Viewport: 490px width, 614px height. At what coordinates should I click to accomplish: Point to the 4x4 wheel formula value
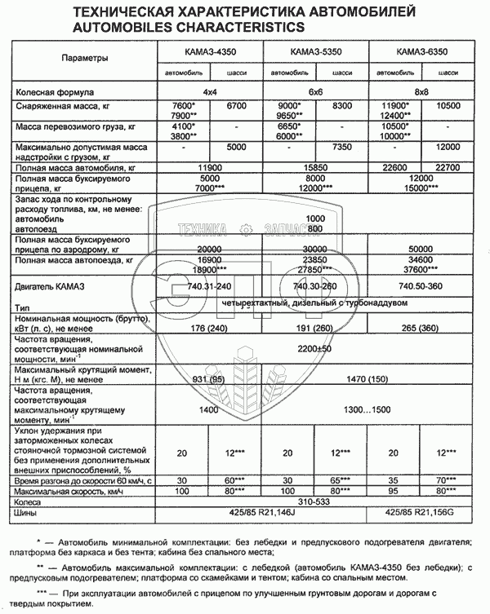pos(211,92)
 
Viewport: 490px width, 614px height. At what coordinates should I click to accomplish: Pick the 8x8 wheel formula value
pos(421,92)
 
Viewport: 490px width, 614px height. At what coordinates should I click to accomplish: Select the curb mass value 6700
pos(237,107)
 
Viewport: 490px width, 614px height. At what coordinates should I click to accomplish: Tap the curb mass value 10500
pos(448,107)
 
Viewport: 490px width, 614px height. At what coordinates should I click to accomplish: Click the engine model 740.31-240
pos(211,287)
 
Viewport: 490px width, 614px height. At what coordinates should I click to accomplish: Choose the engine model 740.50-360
pos(421,287)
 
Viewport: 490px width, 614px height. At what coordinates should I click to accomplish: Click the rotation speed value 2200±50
pos(315,348)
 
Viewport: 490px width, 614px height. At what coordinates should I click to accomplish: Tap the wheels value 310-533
pos(315,503)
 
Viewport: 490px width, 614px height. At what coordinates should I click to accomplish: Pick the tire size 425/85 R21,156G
pos(421,514)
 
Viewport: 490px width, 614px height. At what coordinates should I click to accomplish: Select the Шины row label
pos(27,514)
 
